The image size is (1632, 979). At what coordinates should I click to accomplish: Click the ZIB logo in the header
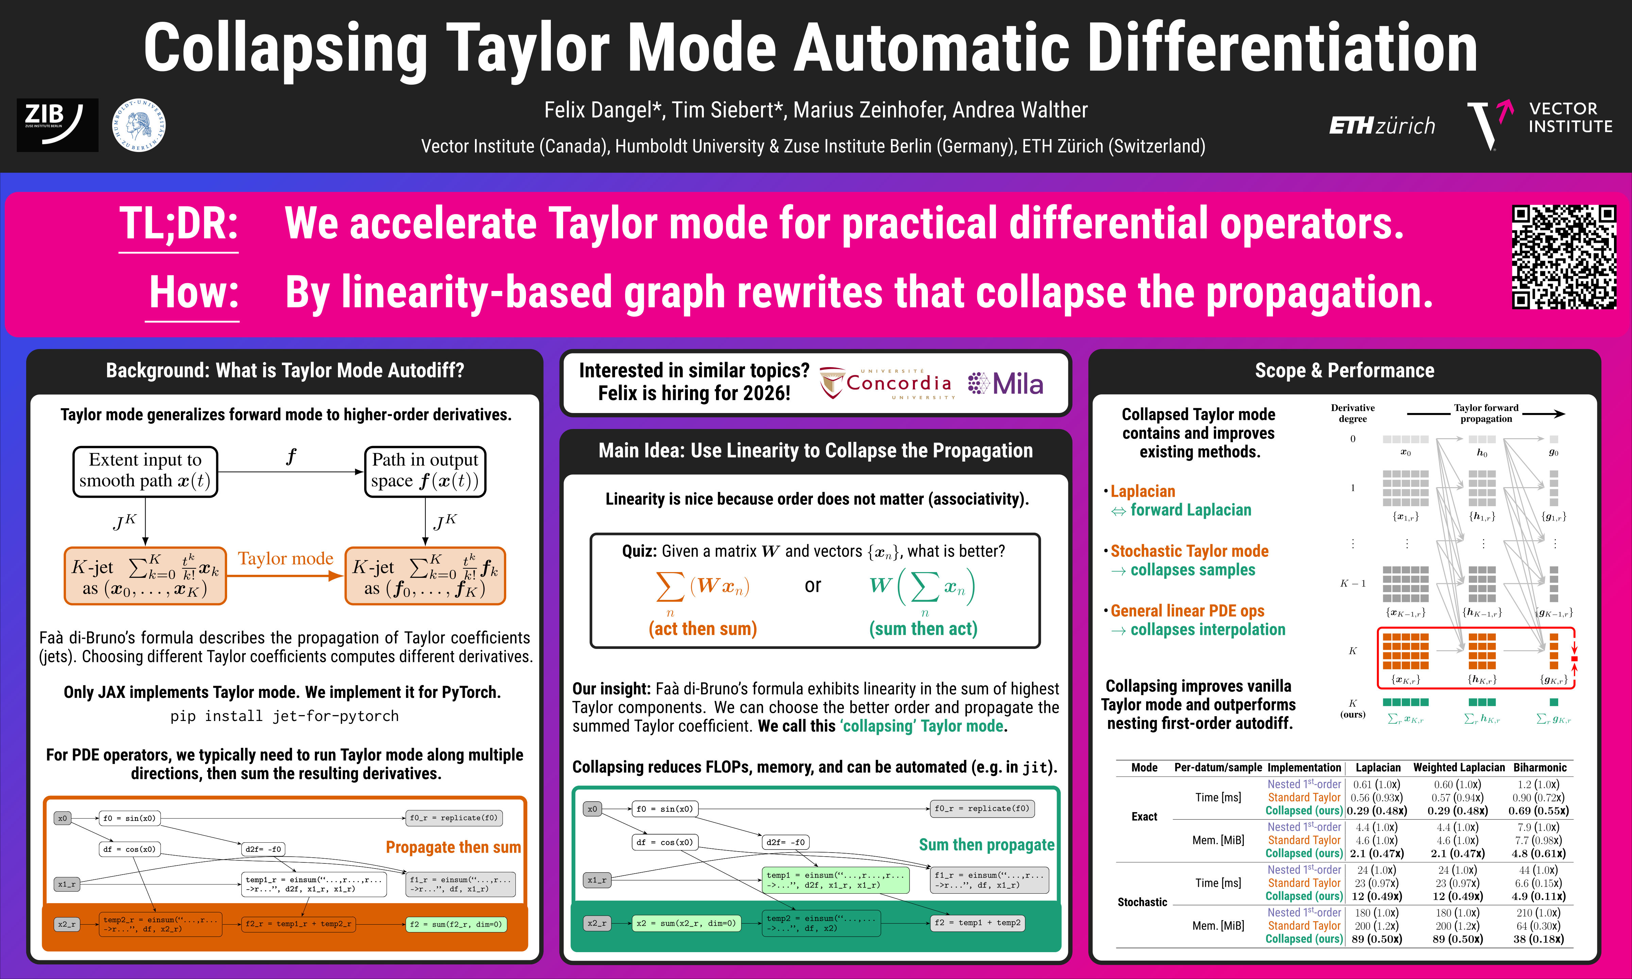(57, 125)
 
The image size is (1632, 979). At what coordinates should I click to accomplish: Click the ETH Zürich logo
(1382, 125)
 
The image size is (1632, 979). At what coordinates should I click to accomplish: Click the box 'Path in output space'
(425, 471)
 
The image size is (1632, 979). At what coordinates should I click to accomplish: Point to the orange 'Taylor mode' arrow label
(286, 558)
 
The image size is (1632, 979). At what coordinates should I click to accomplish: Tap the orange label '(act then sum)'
(702, 629)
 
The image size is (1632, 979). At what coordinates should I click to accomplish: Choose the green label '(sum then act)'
(923, 629)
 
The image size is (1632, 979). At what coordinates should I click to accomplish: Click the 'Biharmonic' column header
(1540, 767)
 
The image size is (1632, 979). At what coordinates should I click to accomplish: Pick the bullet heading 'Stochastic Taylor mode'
(1189, 551)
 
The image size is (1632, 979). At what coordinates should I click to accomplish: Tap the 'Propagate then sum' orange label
(453, 847)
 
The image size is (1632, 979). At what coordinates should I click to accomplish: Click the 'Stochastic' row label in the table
(1142, 902)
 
